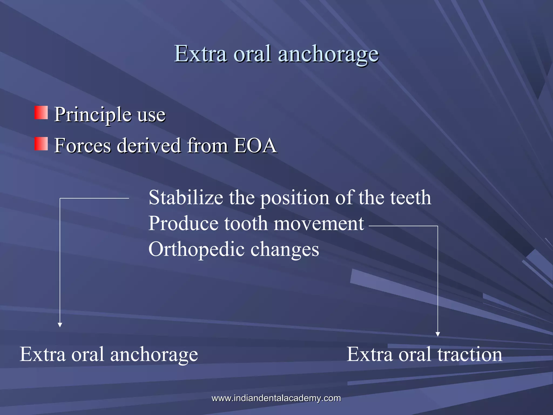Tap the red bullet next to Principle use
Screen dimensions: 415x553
click(41, 113)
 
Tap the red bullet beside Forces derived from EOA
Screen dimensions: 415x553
click(41, 143)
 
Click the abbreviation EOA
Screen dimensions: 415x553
click(255, 145)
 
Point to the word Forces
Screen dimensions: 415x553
click(83, 145)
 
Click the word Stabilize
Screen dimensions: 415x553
click(186, 197)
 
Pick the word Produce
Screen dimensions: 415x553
click(183, 223)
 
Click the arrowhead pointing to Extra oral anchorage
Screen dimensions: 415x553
click(60, 325)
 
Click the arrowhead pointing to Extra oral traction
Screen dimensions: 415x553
click(438, 334)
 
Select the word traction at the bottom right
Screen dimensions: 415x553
click(470, 354)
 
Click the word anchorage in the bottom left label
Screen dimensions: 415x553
click(154, 355)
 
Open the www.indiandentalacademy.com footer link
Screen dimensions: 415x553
click(276, 398)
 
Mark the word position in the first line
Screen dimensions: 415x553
click(295, 198)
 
